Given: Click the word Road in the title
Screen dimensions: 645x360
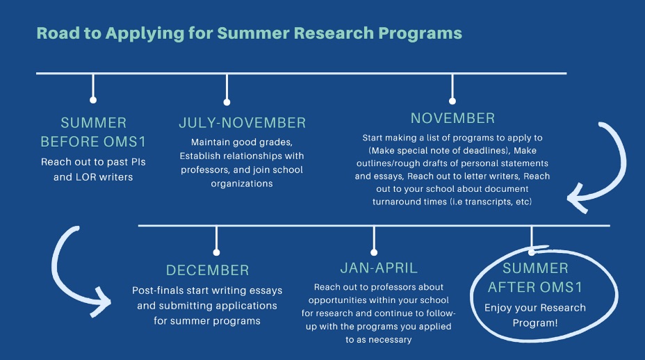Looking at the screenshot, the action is tap(58, 33).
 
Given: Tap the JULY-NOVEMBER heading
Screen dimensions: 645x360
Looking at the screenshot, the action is tap(243, 122).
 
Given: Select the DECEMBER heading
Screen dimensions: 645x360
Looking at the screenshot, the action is tap(207, 270).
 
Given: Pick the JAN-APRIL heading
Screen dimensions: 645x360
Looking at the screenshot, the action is tap(379, 268).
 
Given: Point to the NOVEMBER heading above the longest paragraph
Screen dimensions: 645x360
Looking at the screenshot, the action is tap(452, 118).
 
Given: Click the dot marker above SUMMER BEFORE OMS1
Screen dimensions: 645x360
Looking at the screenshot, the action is tap(93, 100).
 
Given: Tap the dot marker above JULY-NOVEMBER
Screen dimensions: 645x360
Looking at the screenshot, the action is tap(227, 102).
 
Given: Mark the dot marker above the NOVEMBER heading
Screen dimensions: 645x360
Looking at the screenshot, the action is tap(452, 101).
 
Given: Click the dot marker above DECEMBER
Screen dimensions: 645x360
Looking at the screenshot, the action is tap(216, 252).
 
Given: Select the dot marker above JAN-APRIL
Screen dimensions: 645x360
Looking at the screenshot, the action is tap(373, 252).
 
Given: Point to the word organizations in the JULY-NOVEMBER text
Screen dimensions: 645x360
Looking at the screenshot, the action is tap(242, 184).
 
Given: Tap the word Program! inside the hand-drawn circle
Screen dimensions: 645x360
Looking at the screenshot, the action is tap(535, 323).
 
